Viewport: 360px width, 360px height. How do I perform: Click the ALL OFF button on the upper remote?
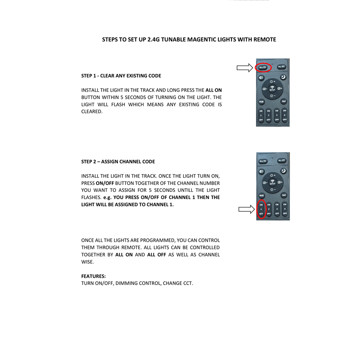tap(281, 67)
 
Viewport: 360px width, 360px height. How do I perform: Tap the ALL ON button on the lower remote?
tap(263, 161)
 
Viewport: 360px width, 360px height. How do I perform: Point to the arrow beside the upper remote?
tap(245, 68)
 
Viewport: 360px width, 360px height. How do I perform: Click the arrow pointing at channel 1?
tap(247, 210)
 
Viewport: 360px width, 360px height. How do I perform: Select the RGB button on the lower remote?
tap(262, 195)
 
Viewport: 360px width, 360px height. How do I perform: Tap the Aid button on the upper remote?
tap(284, 102)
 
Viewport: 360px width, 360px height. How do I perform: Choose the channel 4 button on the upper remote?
tap(284, 115)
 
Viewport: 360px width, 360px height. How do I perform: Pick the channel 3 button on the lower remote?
tap(277, 209)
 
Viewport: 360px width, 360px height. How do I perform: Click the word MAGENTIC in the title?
tap(202, 40)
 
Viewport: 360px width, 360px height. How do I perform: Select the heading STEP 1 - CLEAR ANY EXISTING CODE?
tap(121, 76)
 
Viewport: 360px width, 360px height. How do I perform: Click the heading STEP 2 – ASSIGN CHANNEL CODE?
tap(118, 162)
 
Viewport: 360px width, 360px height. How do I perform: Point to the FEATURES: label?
tap(94, 276)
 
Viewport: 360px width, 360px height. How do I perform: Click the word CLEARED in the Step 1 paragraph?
tap(91, 112)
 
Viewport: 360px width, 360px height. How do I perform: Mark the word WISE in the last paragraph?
tap(87, 262)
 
